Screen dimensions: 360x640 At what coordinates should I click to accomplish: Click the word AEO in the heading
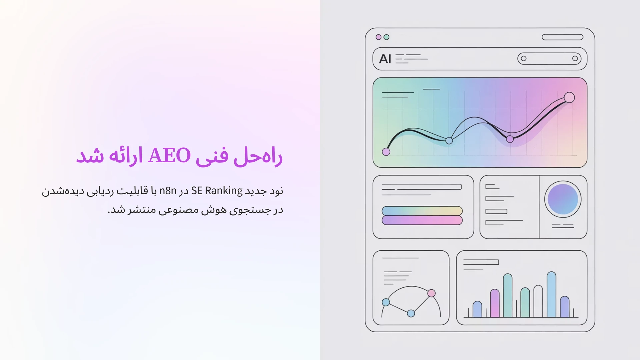[x=169, y=155]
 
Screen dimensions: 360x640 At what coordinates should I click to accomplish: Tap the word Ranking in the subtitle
[x=224, y=191]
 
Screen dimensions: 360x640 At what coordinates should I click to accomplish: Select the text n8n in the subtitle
[x=168, y=191]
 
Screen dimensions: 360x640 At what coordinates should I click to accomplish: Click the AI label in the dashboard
[x=385, y=59]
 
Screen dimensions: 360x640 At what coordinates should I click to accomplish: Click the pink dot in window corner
[x=378, y=37]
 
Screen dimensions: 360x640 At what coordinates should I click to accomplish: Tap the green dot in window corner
[x=386, y=37]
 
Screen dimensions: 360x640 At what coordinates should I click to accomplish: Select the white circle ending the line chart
[x=569, y=97]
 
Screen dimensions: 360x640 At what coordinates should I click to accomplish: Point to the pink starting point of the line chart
[x=386, y=152]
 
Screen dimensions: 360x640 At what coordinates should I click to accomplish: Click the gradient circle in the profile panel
[x=563, y=199]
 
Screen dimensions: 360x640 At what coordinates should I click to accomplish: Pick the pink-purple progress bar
[x=422, y=220]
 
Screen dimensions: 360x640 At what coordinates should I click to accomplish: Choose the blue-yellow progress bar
[x=422, y=211]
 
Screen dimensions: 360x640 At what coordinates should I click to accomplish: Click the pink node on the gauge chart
[x=431, y=293]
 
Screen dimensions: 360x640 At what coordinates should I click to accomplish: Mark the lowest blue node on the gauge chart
[x=411, y=313]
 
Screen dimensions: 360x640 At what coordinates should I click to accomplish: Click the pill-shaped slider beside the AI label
[x=549, y=59]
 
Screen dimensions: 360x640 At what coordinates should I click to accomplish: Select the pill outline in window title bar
[x=562, y=37]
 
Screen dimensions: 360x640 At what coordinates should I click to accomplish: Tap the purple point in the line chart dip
[x=510, y=139]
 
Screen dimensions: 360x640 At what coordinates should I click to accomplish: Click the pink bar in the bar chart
[x=495, y=303]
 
